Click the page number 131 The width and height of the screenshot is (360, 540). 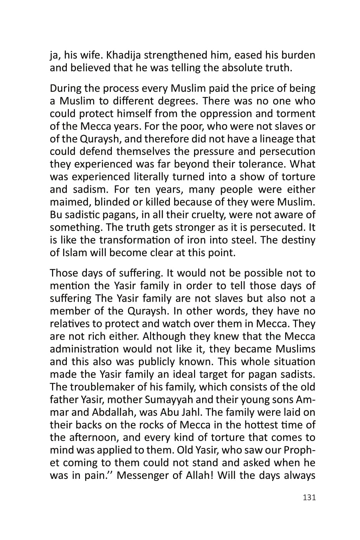[x=309, y=497]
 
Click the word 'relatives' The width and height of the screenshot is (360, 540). [x=72, y=324]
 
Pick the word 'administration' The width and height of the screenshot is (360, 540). [x=84, y=349]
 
